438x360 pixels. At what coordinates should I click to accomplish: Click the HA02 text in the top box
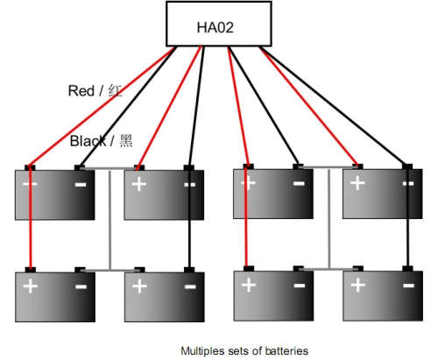[x=215, y=27]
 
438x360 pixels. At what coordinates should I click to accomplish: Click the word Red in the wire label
[x=81, y=91]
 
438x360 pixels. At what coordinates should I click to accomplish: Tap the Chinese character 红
[x=115, y=91]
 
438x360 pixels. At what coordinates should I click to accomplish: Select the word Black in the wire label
[x=88, y=141]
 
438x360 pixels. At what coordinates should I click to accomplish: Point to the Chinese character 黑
[x=126, y=141]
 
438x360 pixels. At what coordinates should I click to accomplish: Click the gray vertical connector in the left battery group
[x=110, y=220]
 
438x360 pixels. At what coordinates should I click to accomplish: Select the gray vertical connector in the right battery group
[x=329, y=218]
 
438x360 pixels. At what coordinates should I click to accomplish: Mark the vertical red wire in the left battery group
[x=30, y=217]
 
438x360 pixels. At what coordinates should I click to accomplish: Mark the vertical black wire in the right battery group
[x=407, y=216]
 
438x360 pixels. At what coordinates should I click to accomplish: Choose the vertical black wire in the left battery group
[x=189, y=217]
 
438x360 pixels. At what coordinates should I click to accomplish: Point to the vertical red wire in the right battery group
[x=247, y=216]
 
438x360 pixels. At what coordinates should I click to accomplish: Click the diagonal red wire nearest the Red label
[x=101, y=106]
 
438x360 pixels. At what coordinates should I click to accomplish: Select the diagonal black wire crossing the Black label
[x=127, y=106]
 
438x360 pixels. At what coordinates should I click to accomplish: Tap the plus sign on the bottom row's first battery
[x=31, y=286]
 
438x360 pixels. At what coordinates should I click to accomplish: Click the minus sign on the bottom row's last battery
[x=408, y=286]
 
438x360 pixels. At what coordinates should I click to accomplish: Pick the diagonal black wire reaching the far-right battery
[x=336, y=106]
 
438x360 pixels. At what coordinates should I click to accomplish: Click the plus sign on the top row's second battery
[x=139, y=184]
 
